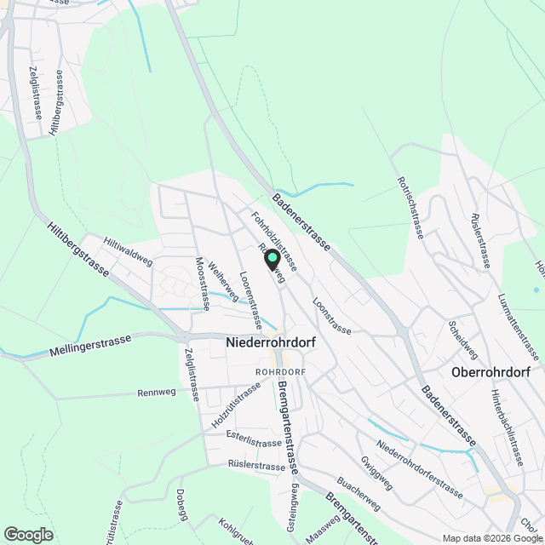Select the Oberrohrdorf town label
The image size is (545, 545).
[x=490, y=373]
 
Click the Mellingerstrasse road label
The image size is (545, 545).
[x=90, y=346]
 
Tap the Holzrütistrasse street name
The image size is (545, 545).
[x=236, y=406]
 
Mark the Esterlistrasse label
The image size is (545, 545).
[x=255, y=443]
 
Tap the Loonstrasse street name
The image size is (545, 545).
[x=331, y=314]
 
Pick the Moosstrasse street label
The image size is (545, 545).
[x=202, y=284]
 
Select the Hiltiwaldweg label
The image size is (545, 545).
[x=127, y=251]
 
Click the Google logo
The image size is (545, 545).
[x=28, y=534]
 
